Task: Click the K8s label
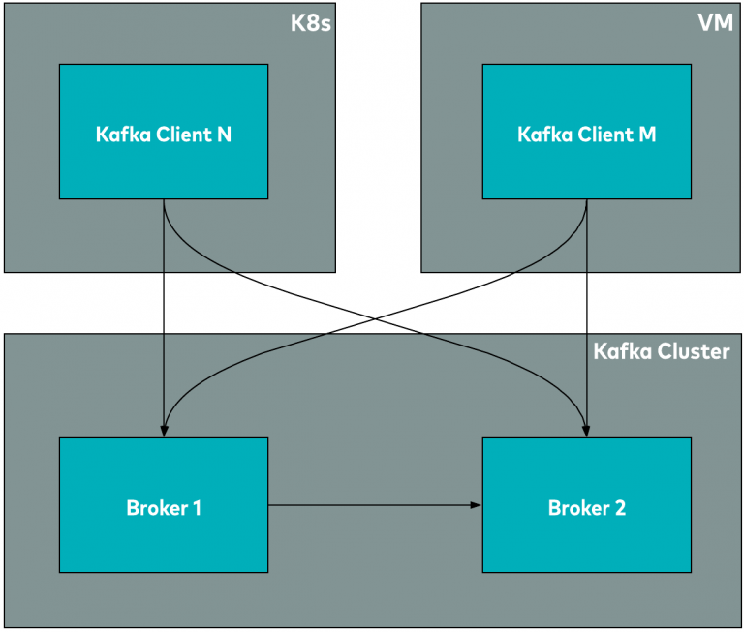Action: click(x=311, y=22)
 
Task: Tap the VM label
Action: click(x=714, y=22)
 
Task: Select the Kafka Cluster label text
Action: click(x=661, y=351)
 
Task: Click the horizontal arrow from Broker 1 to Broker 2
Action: click(x=373, y=505)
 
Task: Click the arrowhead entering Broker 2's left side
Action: click(x=476, y=505)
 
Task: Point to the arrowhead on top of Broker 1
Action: click(x=164, y=431)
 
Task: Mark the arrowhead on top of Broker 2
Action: click(x=587, y=431)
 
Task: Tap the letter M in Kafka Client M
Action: click(x=647, y=135)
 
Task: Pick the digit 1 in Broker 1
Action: click(x=197, y=508)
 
